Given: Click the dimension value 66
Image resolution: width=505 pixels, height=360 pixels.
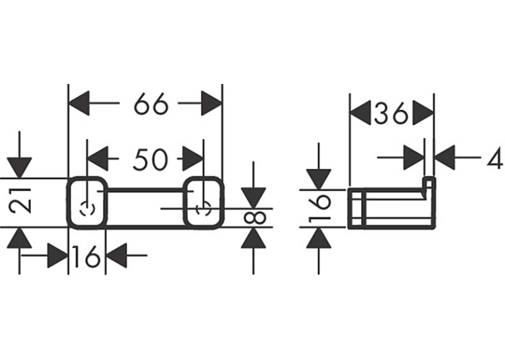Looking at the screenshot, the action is [151, 104].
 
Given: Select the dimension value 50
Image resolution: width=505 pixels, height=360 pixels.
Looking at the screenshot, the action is [151, 159].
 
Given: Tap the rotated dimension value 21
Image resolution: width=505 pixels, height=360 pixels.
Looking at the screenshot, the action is [20, 201].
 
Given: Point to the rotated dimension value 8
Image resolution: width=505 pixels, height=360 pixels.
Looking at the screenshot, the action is [255, 218].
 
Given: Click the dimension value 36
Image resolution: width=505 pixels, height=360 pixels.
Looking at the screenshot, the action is [391, 113].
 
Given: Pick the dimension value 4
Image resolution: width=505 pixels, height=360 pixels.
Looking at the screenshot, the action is [495, 158].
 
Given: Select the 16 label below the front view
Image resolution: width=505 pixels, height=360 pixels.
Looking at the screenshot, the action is [86, 256].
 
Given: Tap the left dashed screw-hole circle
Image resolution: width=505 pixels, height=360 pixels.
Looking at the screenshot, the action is [87, 209].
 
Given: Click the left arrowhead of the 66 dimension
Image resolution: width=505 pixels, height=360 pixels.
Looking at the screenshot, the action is [79, 104].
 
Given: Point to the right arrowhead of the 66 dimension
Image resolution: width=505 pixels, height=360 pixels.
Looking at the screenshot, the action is [212, 104].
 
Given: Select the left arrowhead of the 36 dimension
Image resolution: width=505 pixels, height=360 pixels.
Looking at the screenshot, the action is [360, 113].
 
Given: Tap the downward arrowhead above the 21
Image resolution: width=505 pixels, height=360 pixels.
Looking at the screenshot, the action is [20, 168].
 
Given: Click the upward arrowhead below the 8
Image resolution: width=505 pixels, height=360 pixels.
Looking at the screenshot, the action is [253, 238].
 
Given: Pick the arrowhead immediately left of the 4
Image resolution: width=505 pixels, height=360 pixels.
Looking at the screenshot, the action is [444, 158].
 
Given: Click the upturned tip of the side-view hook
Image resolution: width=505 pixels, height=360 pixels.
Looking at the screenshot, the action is [428, 178].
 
